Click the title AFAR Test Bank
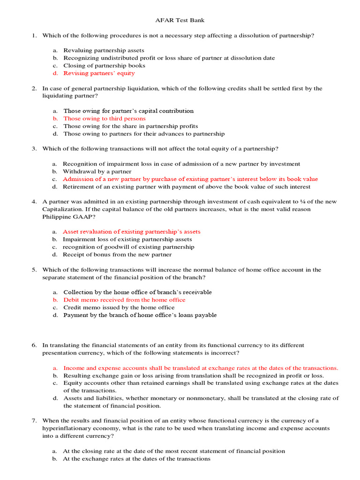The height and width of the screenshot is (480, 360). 180,21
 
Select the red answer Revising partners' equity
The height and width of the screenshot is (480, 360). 99,73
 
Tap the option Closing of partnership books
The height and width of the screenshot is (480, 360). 104,66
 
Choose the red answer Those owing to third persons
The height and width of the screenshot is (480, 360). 105,119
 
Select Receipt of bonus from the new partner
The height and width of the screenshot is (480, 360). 117,255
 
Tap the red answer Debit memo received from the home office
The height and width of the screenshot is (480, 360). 124,300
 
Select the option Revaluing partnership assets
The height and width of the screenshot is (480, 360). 104,51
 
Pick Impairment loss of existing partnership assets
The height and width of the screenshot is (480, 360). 127,240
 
